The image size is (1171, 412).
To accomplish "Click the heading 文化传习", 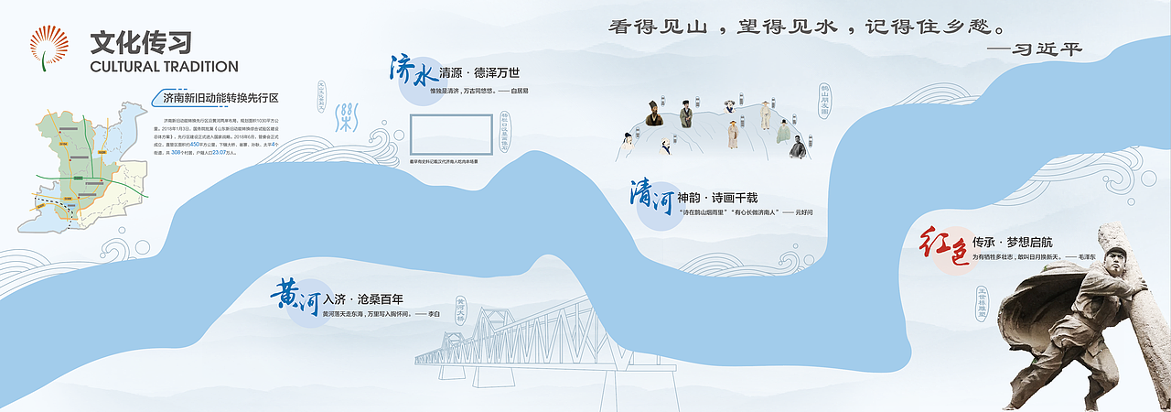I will click(x=141, y=42).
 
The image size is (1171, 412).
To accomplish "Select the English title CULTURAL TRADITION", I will click(x=164, y=67).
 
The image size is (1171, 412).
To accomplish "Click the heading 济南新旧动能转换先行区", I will click(x=220, y=97).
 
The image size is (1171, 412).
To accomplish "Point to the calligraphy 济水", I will click(x=413, y=71).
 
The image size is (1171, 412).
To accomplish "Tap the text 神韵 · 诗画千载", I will click(x=717, y=198).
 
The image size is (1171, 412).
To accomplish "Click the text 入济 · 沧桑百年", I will click(x=363, y=299).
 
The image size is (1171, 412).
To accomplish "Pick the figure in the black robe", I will click(x=654, y=113).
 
